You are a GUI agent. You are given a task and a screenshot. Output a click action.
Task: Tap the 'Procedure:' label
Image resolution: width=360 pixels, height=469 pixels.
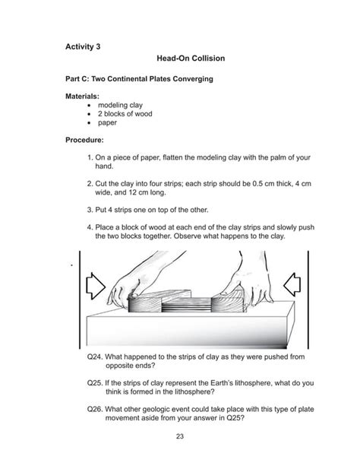coord(87,140)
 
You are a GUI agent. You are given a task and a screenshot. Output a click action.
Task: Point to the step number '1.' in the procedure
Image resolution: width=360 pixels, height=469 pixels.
coord(90,157)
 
